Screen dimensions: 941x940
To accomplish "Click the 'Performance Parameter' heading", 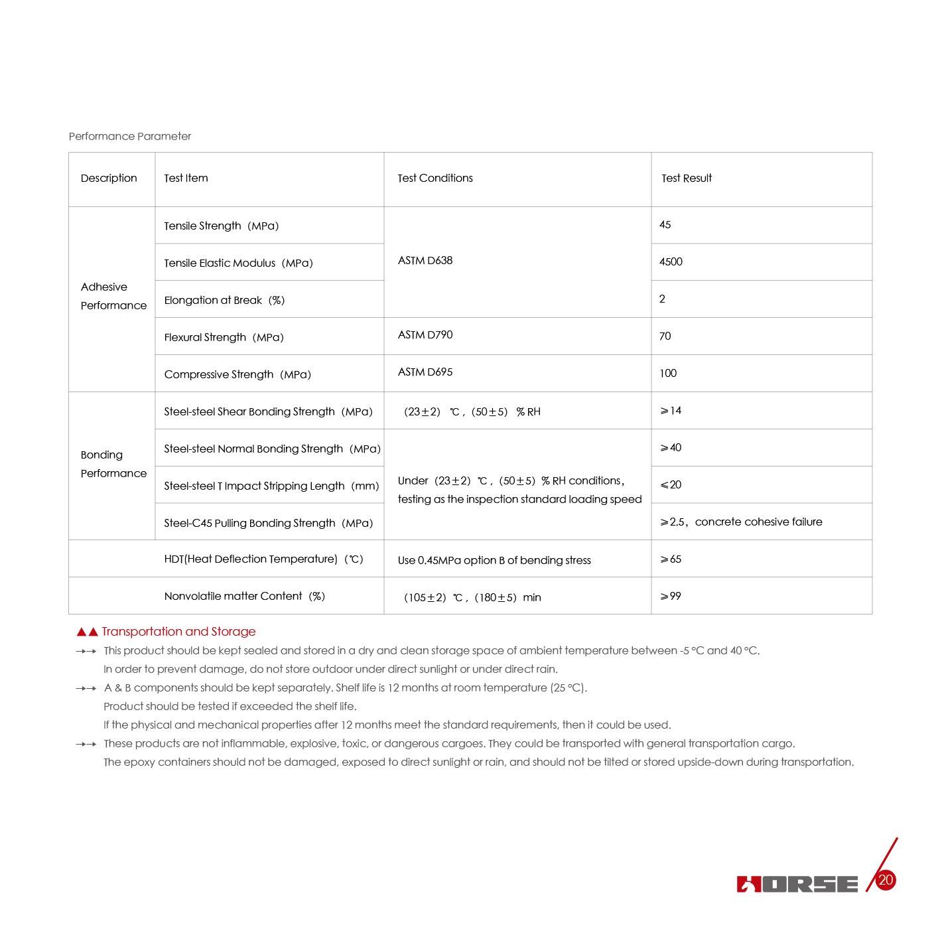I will click(x=130, y=136).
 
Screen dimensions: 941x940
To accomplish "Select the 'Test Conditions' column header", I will click(x=435, y=178).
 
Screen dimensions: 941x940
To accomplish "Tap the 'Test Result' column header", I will click(x=687, y=178).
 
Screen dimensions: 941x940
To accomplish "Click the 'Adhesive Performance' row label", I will click(x=113, y=296).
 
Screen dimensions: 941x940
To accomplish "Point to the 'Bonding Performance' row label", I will click(x=113, y=464).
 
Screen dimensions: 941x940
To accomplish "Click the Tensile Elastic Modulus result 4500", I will click(x=671, y=261).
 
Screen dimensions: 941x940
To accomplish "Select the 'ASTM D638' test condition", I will click(x=425, y=260).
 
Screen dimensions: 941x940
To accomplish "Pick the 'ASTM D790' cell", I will click(x=425, y=334).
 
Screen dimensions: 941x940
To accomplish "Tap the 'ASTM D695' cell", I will click(x=425, y=372).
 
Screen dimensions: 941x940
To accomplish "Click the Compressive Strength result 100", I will click(x=668, y=373).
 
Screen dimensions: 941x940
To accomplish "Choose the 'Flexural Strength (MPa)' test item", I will click(x=224, y=337).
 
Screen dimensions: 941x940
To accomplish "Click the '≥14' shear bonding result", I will click(x=671, y=410).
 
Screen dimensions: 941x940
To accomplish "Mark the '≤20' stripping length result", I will click(x=671, y=484).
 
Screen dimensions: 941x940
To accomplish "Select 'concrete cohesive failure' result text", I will click(x=758, y=522).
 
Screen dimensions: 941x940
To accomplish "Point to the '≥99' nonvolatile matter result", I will click(x=671, y=596).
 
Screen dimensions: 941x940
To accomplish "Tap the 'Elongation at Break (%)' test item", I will click(x=224, y=300).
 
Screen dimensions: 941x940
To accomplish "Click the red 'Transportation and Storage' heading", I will click(x=178, y=632).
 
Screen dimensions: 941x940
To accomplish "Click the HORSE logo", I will click(x=797, y=884).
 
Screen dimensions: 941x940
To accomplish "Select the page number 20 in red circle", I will click(x=886, y=881).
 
